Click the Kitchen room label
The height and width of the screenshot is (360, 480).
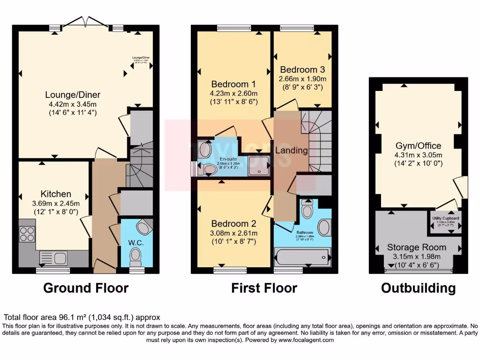click(x=56, y=194)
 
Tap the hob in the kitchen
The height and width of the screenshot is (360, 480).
click(x=27, y=233)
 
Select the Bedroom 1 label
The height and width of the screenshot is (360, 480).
click(x=233, y=84)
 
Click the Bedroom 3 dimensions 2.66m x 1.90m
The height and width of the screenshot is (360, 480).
click(x=302, y=79)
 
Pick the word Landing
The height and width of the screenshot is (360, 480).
click(x=291, y=150)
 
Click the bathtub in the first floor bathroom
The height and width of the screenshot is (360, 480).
click(x=302, y=257)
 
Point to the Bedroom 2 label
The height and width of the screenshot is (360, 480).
click(x=233, y=224)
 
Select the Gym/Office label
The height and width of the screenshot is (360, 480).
click(x=418, y=146)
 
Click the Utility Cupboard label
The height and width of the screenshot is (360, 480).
click(x=445, y=218)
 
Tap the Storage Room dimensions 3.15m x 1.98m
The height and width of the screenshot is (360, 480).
click(x=417, y=256)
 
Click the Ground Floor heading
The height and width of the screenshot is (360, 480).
click(x=86, y=288)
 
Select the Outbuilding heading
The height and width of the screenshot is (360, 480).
click(x=418, y=288)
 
